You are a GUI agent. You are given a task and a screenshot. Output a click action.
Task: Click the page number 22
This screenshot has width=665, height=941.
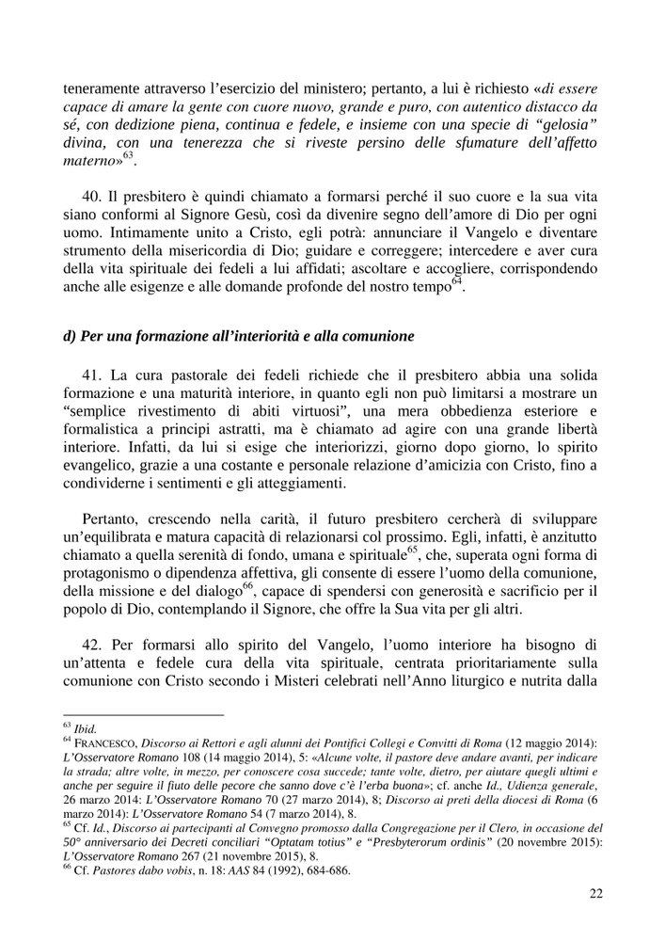(x=595, y=894)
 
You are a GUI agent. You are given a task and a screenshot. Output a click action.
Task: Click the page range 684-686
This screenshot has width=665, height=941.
(x=325, y=870)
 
